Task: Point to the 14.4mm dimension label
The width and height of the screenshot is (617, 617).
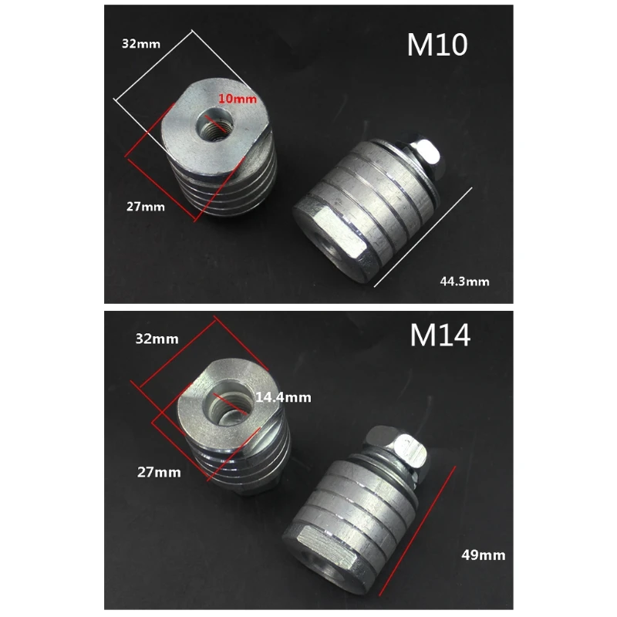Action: [283, 397]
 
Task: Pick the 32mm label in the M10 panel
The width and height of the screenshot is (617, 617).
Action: [141, 44]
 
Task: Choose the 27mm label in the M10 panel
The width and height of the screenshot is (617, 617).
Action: [146, 207]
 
